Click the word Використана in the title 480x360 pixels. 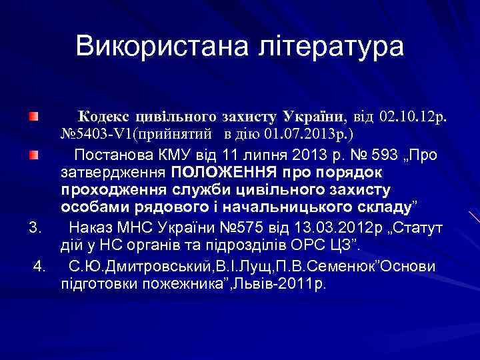pos(157,47)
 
